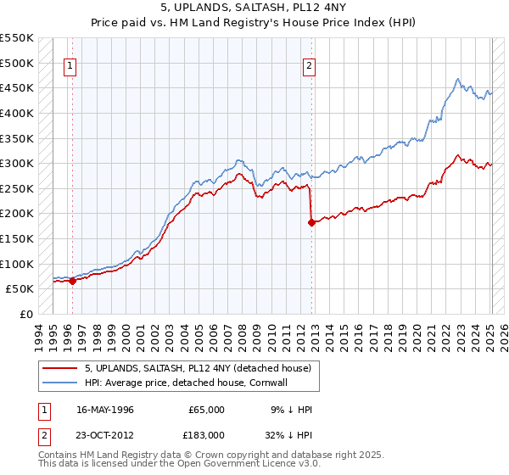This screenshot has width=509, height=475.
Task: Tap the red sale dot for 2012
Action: pyautogui.click(x=311, y=222)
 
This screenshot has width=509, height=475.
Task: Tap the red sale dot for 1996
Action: pyautogui.click(x=72, y=282)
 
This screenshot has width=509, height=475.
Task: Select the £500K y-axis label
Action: pyautogui.click(x=17, y=63)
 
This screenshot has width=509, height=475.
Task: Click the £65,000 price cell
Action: pyautogui.click(x=206, y=410)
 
